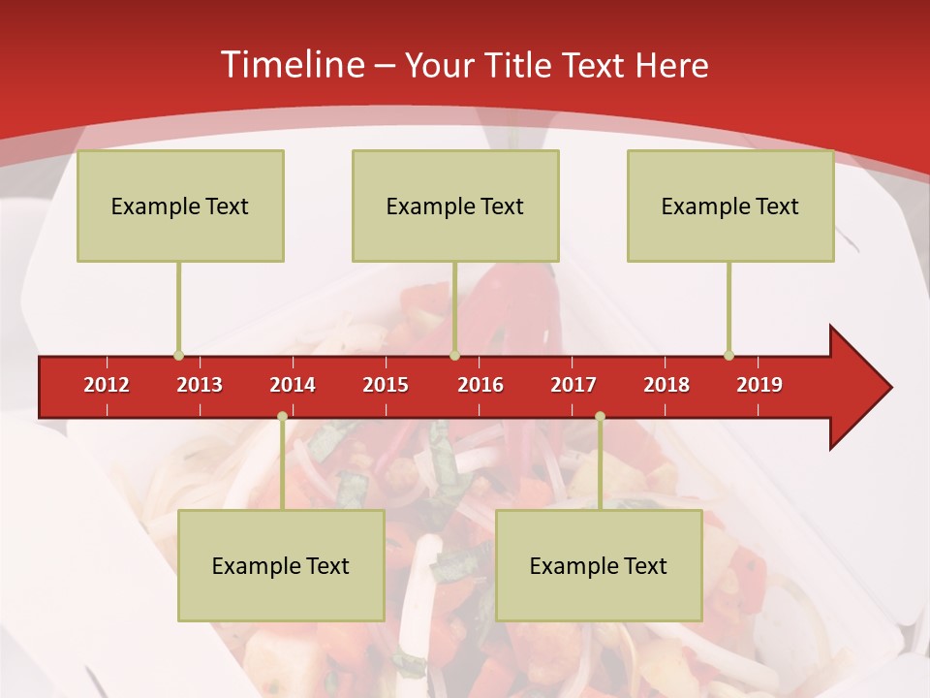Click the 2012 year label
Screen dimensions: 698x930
107,385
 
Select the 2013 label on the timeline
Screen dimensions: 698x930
200,385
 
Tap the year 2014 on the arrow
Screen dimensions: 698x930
293,385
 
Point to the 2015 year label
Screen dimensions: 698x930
386,385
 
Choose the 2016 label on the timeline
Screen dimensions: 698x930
480,385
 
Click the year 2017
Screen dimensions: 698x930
573,385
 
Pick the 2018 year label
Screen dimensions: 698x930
666,385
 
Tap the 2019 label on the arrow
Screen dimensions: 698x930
759,385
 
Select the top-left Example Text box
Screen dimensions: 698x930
180,206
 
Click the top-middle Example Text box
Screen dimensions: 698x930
455,206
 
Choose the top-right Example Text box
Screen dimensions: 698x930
730,206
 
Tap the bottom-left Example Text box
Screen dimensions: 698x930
281,565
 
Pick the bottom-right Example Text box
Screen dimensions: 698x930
599,565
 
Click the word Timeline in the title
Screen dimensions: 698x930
291,65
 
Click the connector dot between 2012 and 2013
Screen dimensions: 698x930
178,355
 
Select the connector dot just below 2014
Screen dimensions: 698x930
282,416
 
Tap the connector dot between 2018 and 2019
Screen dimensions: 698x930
728,355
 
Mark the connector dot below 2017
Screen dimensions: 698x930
600,416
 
